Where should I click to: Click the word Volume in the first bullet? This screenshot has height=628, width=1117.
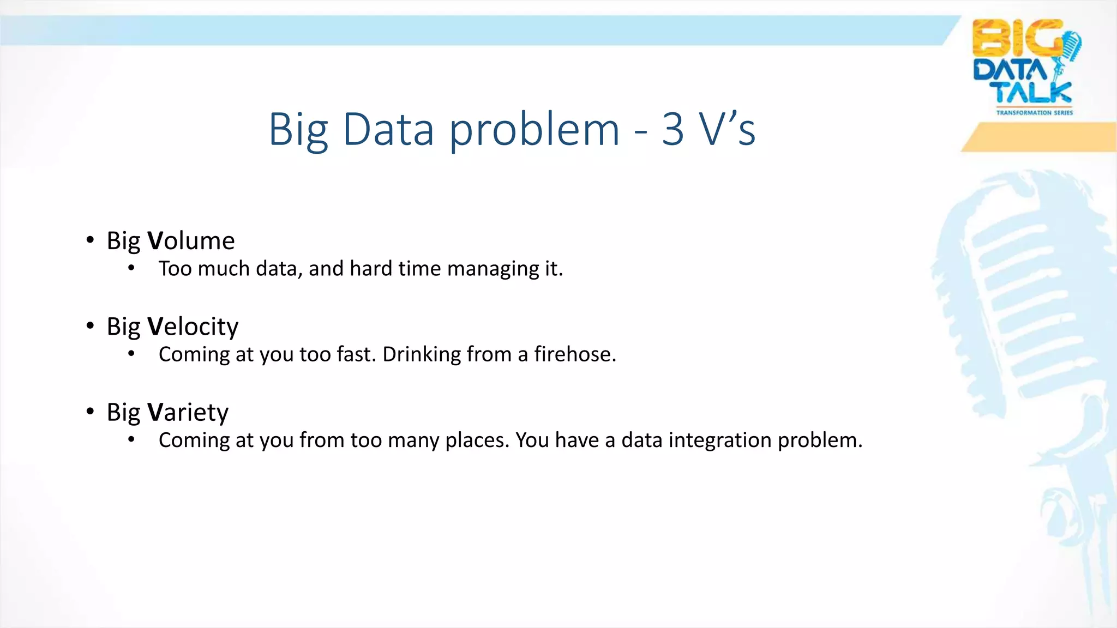click(x=191, y=241)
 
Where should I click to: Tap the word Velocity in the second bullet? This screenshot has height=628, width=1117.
click(x=193, y=327)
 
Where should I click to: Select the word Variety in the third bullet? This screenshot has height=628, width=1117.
click(x=188, y=412)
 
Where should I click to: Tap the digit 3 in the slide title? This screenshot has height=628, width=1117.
click(x=672, y=129)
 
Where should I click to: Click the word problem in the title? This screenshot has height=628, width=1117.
click(x=534, y=129)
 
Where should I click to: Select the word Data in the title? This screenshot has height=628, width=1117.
click(x=388, y=129)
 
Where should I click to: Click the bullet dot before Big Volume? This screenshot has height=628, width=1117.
click(x=90, y=240)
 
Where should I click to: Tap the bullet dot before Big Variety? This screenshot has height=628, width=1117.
click(x=90, y=412)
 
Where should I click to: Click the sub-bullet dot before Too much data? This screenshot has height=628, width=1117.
click(x=131, y=268)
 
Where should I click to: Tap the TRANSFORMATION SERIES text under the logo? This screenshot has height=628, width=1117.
click(x=1034, y=113)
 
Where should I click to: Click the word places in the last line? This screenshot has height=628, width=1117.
click(x=477, y=440)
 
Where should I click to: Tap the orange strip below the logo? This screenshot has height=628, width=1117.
click(x=1042, y=137)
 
